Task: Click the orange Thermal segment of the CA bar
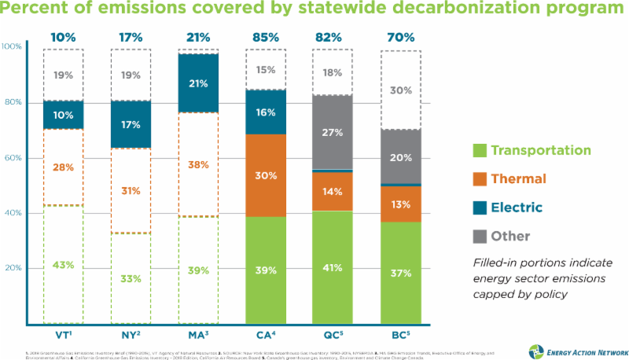pyautogui.click(x=266, y=175)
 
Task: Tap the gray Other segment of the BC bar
pyautogui.click(x=401, y=156)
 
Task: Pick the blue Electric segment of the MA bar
pyautogui.click(x=198, y=83)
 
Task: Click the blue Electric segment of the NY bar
pyautogui.click(x=131, y=123)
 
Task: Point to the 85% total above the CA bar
pyautogui.click(x=266, y=37)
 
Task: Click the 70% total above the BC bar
pyautogui.click(x=401, y=37)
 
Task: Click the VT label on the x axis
pyautogui.click(x=64, y=334)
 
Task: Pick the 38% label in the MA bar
pyautogui.click(x=198, y=165)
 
